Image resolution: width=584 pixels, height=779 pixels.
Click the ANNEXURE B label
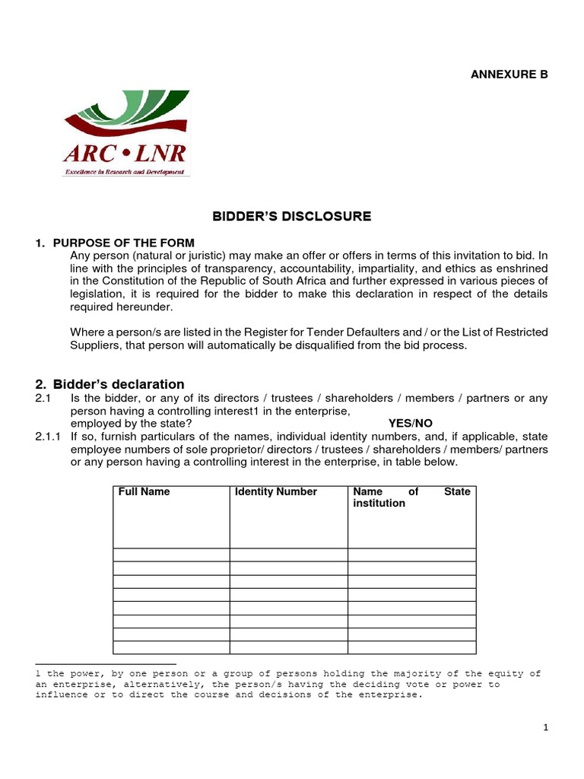click(509, 74)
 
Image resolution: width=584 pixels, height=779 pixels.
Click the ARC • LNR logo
click(125, 133)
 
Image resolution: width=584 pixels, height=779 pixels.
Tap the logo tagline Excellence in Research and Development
click(125, 173)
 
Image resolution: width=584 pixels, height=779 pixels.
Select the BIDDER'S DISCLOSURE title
click(291, 216)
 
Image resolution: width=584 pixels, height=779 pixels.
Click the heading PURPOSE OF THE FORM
click(123, 243)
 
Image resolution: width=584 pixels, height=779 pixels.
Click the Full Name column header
click(144, 491)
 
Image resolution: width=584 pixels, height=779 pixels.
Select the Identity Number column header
click(276, 491)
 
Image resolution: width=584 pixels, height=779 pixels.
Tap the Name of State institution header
click(411, 498)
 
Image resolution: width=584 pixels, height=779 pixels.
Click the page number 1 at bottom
click(546, 728)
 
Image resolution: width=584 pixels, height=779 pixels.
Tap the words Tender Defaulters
click(357, 332)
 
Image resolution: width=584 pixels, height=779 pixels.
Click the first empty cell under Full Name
click(171, 555)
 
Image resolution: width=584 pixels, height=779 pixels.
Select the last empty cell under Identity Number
click(289, 647)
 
